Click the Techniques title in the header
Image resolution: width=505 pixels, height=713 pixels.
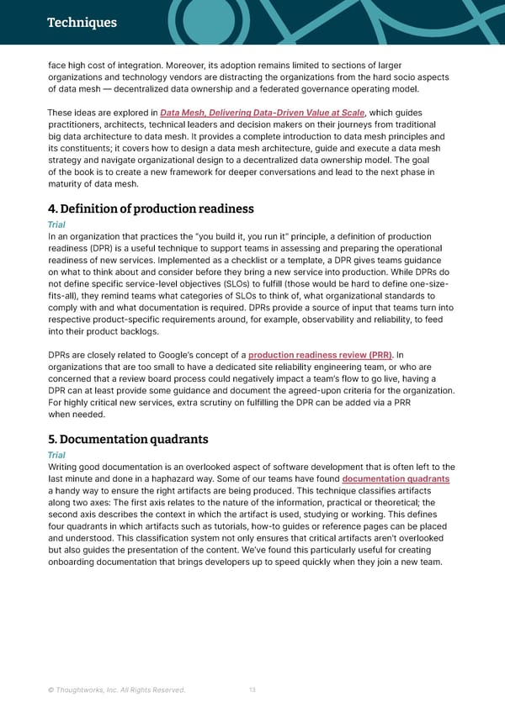pos(82,23)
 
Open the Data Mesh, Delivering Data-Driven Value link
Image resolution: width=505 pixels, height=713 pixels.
pos(263,113)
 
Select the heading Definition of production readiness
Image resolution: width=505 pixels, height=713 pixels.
pos(151,209)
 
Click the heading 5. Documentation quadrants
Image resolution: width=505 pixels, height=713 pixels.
pos(128,439)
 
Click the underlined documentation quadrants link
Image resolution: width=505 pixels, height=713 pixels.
pos(396,478)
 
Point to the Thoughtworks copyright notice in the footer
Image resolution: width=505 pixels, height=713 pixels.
pos(116,691)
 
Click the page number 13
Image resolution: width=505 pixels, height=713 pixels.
pos(252,691)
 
